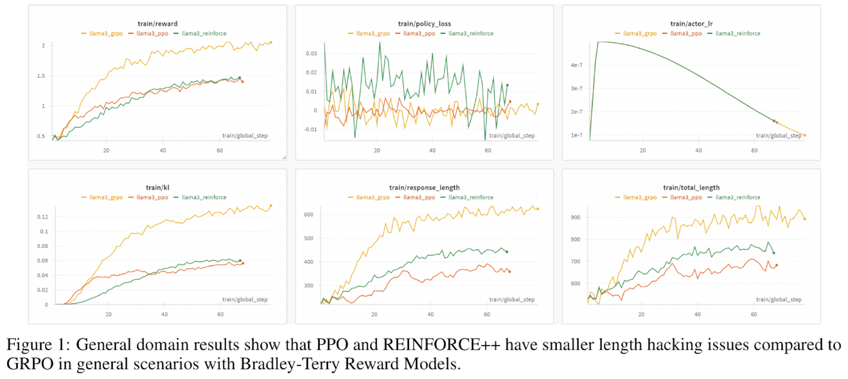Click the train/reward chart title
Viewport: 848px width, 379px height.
click(x=157, y=24)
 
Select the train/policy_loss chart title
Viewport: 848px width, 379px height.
click(x=424, y=24)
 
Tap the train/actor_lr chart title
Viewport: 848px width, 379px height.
click(x=691, y=24)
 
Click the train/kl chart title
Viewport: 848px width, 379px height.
click(x=157, y=187)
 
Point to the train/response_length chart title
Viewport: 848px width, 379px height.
click(x=424, y=187)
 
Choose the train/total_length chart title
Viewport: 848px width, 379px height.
click(x=691, y=187)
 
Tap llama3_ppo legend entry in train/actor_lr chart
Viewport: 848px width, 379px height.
click(x=686, y=33)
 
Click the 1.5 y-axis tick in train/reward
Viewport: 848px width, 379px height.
click(x=41, y=76)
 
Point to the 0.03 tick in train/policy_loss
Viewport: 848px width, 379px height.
click(x=311, y=53)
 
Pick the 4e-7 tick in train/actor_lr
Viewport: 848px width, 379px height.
click(x=576, y=65)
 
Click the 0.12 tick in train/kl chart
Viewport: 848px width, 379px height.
click(x=42, y=217)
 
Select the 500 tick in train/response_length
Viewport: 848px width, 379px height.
click(x=309, y=238)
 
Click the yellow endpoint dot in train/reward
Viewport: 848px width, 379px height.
click(x=271, y=42)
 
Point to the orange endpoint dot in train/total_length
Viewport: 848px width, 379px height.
click(x=777, y=265)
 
